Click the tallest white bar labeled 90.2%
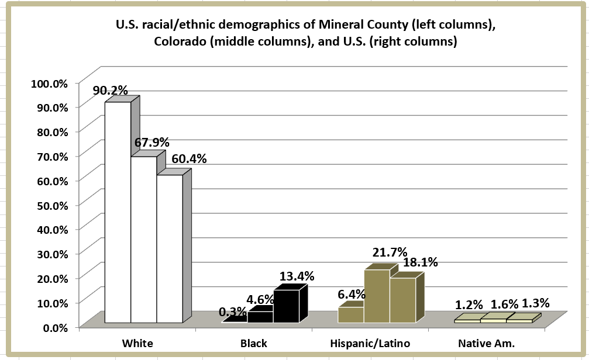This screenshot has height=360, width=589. coord(118,210)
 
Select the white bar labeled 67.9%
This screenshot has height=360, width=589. coord(143,240)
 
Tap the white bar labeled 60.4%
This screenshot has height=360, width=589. coord(169,248)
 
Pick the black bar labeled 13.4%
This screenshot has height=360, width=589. coord(286,306)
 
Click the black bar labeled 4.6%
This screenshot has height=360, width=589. coord(260,317)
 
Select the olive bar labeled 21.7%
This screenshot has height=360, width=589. coord(377,296)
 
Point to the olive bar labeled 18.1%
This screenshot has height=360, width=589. coord(402,300)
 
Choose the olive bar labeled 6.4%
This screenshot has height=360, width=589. coord(351,314)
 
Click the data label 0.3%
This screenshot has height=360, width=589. coord(232,312)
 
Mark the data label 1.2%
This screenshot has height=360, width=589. coord(469,304)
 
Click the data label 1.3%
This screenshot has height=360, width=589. coord(535,303)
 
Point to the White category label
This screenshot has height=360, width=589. coord(137,343)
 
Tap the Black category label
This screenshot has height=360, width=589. coord(254,343)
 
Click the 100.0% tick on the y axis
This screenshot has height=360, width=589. coord(49,83)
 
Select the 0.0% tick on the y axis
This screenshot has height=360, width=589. coord(54,327)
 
